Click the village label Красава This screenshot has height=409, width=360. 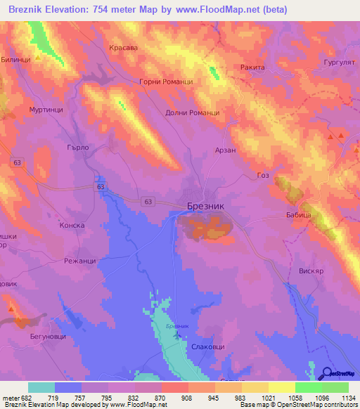124,48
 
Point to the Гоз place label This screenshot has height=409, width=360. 264,175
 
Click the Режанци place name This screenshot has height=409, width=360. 79,261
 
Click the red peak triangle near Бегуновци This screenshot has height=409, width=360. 11,307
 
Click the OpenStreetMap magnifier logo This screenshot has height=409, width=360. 327,373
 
